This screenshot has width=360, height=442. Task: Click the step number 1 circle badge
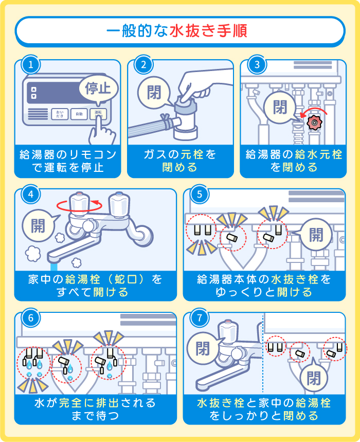[31, 65]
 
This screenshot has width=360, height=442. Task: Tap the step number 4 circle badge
[31, 194]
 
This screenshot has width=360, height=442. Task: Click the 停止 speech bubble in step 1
[98, 87]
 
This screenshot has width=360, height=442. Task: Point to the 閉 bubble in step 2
[154, 93]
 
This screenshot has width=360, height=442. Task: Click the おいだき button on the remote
[60, 114]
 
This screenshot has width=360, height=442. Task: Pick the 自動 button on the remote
[78, 114]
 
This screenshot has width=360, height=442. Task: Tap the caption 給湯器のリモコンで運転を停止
[68, 161]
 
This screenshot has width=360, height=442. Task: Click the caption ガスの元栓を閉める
[179, 161]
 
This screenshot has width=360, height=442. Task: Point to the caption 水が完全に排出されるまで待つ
[95, 408]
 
